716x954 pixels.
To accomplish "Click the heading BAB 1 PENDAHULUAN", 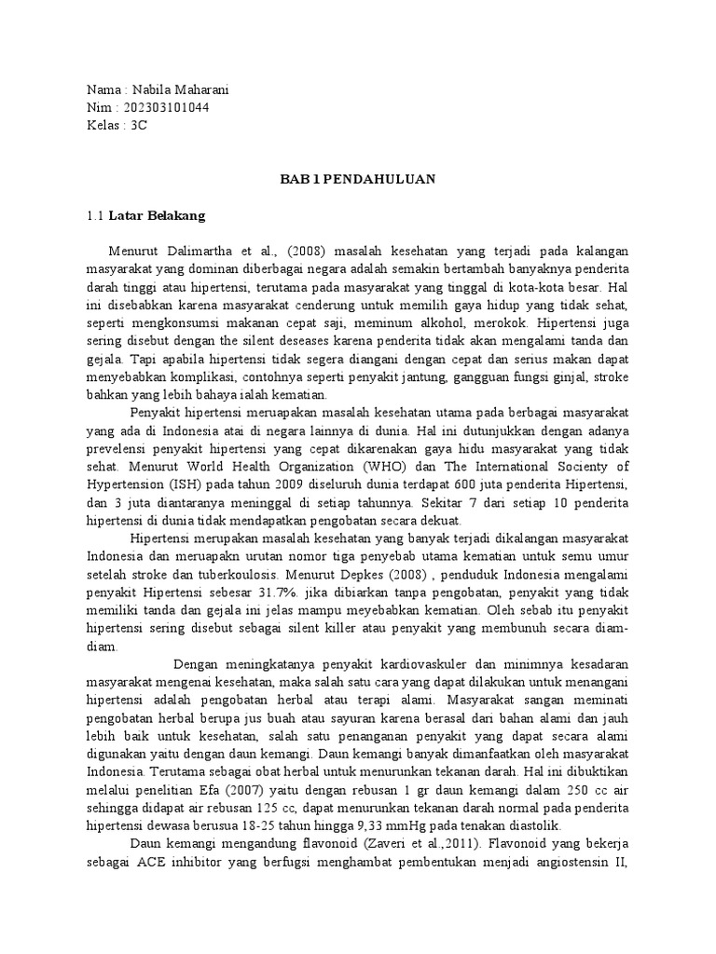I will coord(358,180).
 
